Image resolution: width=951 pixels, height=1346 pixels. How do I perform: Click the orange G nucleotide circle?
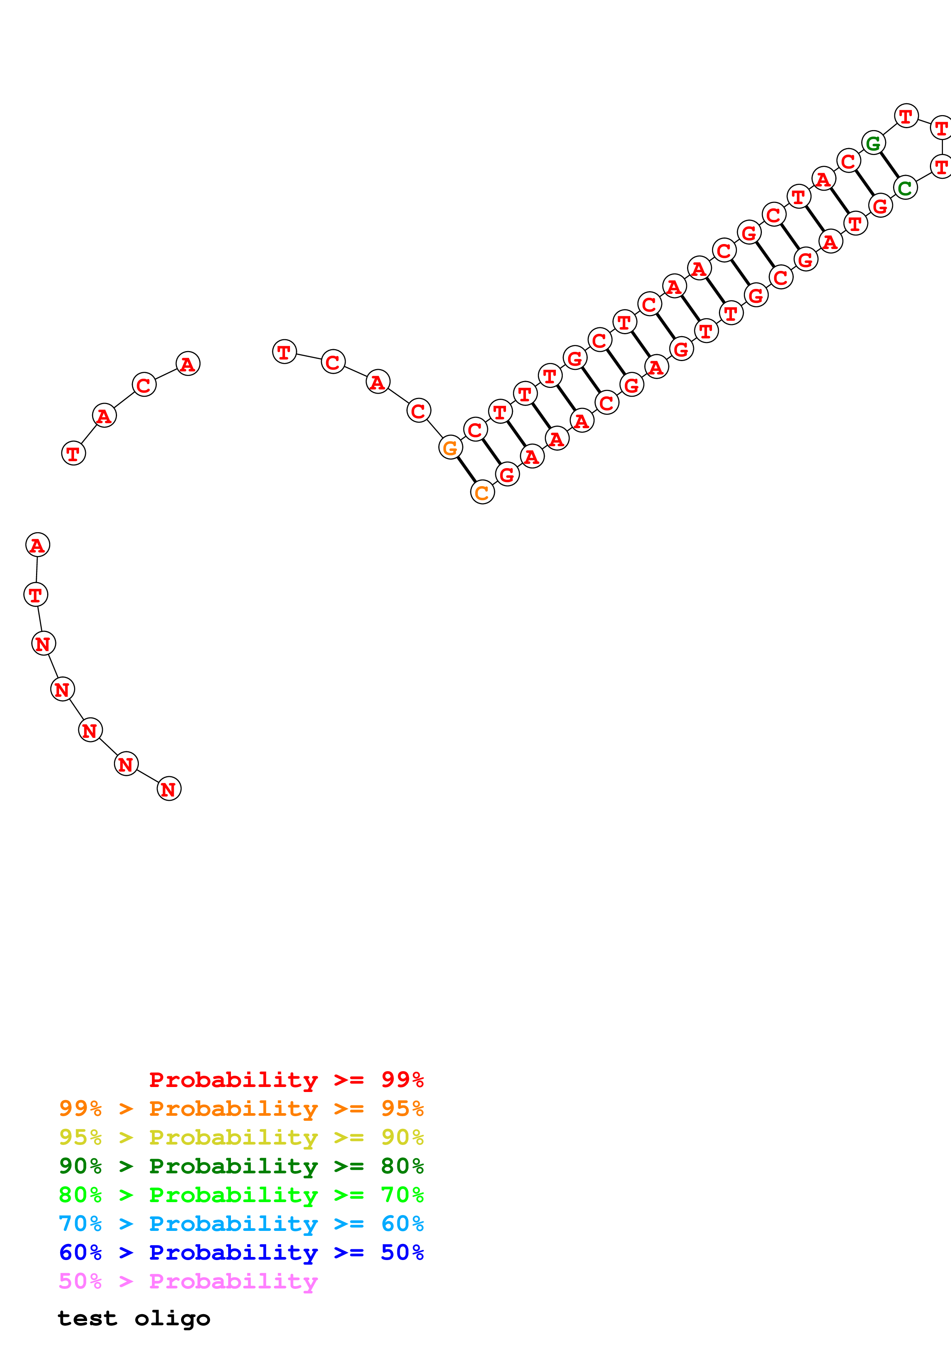tap(450, 447)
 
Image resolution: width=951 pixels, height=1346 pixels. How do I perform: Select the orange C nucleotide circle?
tap(482, 492)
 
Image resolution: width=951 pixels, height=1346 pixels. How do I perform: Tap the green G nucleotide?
tap(873, 142)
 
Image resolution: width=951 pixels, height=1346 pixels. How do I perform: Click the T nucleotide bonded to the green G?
tap(906, 116)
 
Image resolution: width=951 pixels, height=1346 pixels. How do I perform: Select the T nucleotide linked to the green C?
tap(941, 167)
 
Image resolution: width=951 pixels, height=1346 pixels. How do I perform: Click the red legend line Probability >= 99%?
tap(286, 1079)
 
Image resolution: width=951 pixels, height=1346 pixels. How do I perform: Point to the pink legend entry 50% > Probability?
tap(188, 1281)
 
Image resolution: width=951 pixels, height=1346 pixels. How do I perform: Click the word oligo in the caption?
tap(172, 1318)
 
